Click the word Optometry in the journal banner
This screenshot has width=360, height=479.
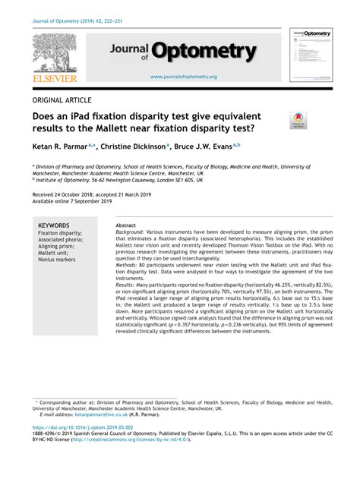204,51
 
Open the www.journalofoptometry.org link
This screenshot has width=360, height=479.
183,77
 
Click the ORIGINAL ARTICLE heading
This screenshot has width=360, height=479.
62,100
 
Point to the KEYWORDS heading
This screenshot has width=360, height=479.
54,225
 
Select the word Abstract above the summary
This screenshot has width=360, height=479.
126,226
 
